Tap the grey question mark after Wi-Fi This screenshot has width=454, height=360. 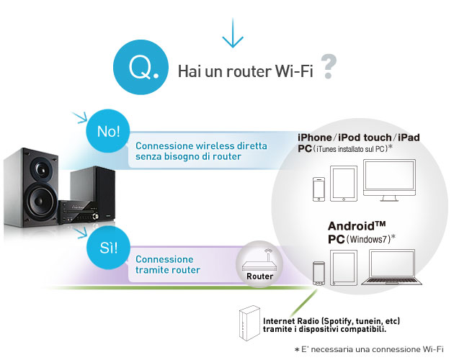[x=329, y=68]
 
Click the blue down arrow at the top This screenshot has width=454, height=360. [x=231, y=35]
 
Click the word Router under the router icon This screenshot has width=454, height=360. [x=259, y=276]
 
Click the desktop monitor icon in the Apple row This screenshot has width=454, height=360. [x=390, y=181]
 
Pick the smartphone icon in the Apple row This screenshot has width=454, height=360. [x=317, y=189]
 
